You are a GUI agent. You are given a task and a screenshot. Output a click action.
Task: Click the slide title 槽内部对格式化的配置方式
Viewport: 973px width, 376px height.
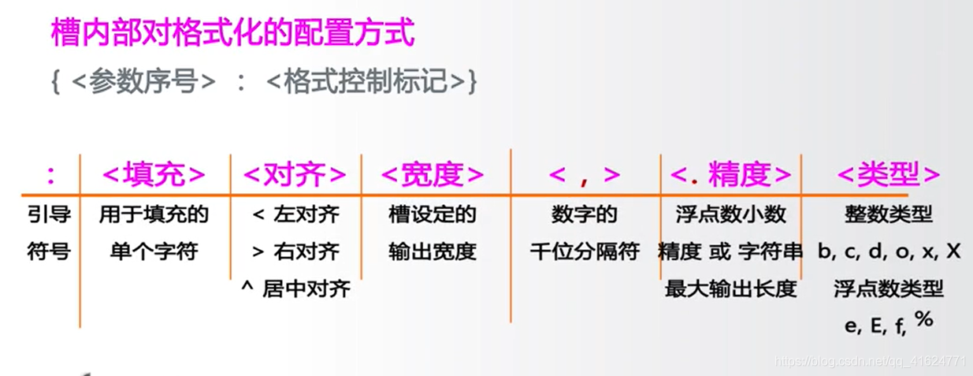pos(232,33)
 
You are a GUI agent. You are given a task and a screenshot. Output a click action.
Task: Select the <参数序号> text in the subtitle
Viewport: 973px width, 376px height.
pos(143,80)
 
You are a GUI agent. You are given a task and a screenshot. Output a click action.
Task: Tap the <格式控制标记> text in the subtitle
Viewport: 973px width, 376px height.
pos(367,80)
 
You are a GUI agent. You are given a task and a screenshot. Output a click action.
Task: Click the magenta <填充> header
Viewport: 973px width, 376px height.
pos(154,174)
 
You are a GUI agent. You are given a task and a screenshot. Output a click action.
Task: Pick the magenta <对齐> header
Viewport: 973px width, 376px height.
pos(295,174)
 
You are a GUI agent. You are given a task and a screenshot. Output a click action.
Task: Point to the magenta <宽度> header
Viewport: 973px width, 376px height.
pos(433,174)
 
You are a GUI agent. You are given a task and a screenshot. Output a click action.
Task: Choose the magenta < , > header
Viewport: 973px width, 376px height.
pos(584,174)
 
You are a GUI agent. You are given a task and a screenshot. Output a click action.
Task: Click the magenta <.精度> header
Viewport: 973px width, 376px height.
pos(730,174)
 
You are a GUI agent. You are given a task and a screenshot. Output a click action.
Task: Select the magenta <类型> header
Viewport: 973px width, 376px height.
pos(889,174)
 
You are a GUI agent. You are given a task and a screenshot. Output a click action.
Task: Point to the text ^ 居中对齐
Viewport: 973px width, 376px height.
pos(295,289)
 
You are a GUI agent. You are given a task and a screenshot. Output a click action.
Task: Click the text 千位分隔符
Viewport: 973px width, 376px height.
pos(584,251)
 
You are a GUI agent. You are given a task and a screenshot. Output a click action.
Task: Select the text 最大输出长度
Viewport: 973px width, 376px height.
pos(730,289)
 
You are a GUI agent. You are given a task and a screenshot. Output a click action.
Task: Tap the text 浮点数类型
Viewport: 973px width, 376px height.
pos(889,289)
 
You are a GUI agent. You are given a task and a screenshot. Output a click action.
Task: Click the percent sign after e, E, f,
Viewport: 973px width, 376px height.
pos(924,320)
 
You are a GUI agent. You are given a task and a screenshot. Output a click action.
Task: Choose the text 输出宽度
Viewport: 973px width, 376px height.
pos(433,251)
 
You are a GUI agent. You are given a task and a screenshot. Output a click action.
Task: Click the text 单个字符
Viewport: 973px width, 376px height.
pos(154,251)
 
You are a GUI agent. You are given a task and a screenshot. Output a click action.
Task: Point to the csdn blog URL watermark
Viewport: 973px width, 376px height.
pos(871,361)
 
